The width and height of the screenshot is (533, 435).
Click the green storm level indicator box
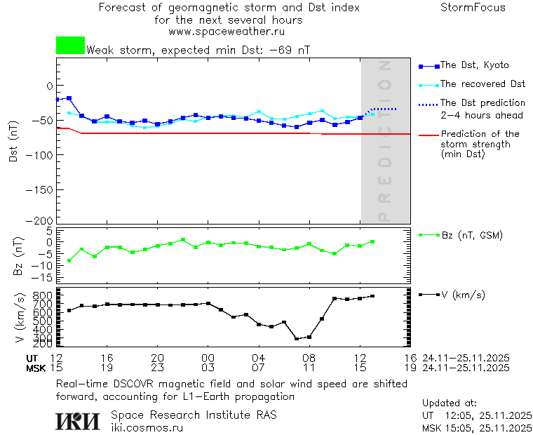(70, 46)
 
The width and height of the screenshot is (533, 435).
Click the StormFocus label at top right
(473, 8)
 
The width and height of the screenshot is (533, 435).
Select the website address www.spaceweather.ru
(227, 32)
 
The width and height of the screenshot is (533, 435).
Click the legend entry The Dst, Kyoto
(474, 65)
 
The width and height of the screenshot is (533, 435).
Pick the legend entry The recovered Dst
(483, 83)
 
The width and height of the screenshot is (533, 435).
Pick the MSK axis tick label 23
(157, 368)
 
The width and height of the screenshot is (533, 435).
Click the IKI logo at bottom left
(79, 421)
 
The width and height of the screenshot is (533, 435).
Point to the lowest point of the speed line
(297, 339)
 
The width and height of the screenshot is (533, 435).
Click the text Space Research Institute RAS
(194, 415)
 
